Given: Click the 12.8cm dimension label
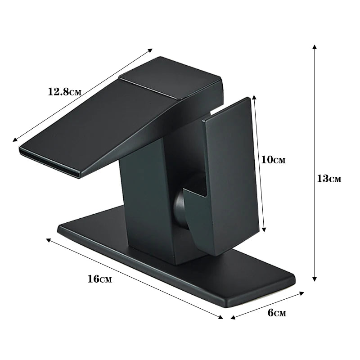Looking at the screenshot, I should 65,91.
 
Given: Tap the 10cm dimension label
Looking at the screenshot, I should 274,160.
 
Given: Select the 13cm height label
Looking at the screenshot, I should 329,179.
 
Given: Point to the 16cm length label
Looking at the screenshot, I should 99,279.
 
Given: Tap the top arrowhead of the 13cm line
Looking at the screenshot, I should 315,47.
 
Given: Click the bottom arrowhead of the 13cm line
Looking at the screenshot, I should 315,279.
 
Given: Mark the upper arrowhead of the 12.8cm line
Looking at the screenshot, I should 150,50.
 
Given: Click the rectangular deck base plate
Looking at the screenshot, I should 243,279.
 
